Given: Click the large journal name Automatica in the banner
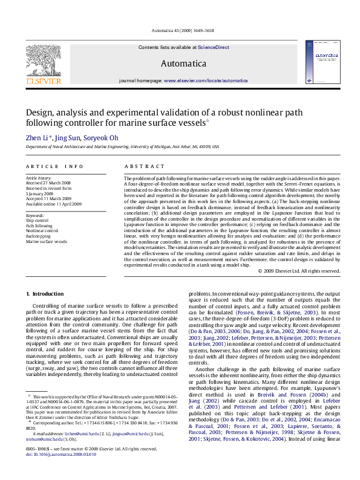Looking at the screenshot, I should point(183,63).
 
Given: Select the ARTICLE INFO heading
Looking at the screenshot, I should point(54,166).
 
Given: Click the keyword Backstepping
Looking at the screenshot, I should point(38,236).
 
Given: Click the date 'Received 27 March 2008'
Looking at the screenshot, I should point(48,183).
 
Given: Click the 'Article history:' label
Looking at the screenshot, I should point(39,178).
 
